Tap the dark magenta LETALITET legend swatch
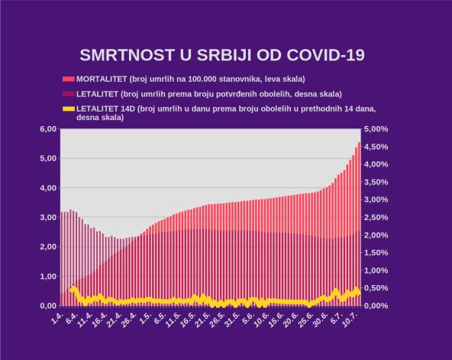(x=69, y=94)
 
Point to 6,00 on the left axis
(x=47, y=129)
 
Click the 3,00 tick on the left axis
(x=47, y=217)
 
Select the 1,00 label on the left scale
(x=47, y=276)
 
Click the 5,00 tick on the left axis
(x=47, y=158)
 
